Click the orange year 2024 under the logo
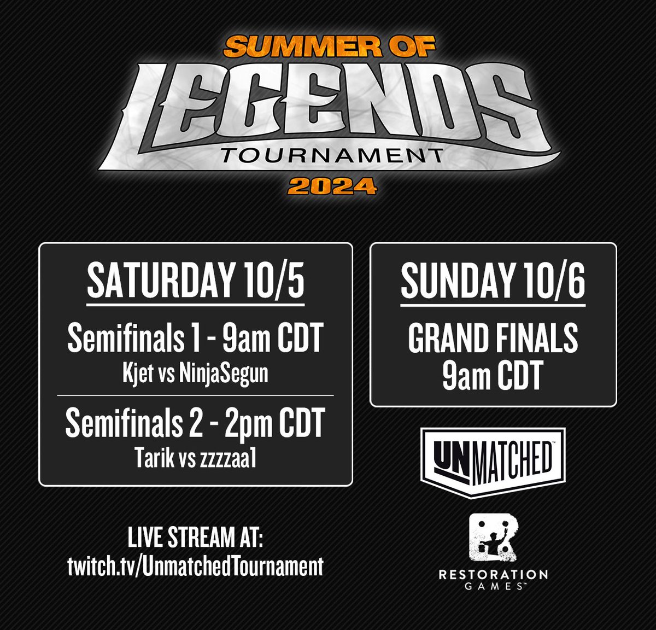[332, 186]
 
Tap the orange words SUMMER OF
[330, 47]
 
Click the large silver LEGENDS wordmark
[328, 104]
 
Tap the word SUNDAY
[455, 280]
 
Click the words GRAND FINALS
[493, 337]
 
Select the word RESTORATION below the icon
[493, 574]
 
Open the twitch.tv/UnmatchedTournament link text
[195, 565]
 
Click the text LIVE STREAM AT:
[195, 539]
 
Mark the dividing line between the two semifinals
[195, 395]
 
